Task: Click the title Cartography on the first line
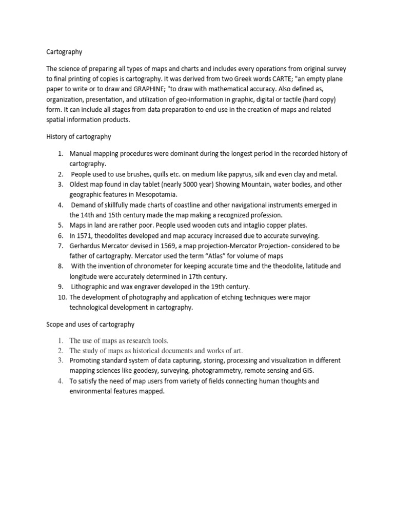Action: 64,52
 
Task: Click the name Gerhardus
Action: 88,246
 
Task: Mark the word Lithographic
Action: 91,287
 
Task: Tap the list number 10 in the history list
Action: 61,297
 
